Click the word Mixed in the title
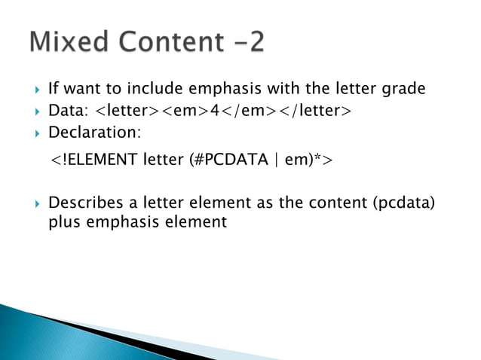pos(67,42)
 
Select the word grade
pos(406,90)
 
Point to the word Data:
pos(68,112)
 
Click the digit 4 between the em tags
pos(214,112)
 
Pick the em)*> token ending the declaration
pos(315,161)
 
